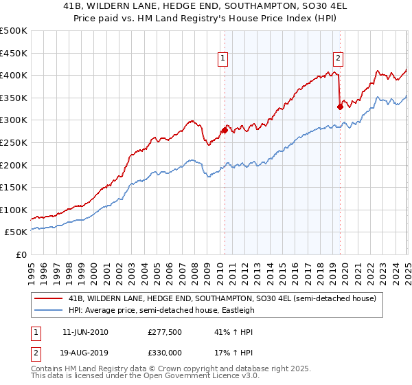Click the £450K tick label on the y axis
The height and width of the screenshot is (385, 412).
(x=13, y=53)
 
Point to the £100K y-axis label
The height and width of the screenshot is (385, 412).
(x=13, y=210)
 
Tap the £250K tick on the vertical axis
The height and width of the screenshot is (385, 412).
(x=13, y=142)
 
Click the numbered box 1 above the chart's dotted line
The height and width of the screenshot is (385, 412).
(x=224, y=59)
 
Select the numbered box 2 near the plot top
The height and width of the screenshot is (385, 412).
(x=339, y=59)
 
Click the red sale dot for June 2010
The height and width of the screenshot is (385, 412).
(x=225, y=130)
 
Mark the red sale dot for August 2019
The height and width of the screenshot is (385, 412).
(x=340, y=106)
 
